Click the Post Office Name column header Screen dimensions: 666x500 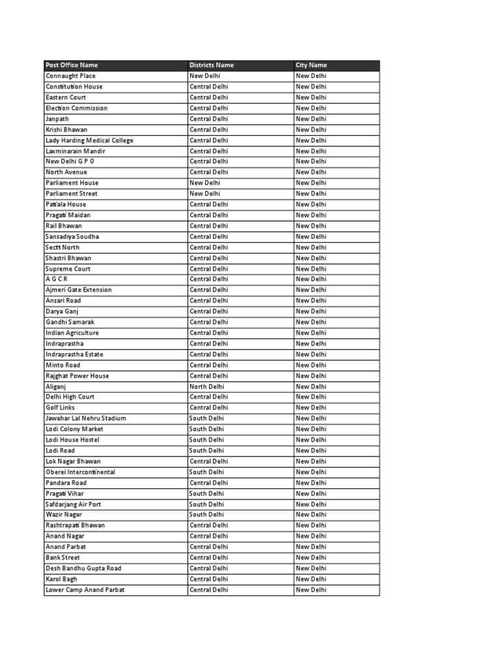click(72, 65)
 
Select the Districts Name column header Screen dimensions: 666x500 click(212, 65)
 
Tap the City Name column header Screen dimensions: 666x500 click(311, 65)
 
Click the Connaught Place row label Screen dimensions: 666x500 click(70, 76)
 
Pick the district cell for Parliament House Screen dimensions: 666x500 click(204, 183)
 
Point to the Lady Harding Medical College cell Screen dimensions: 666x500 click(89, 140)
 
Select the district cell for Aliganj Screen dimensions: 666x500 click(206, 386)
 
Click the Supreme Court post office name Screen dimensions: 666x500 click(68, 269)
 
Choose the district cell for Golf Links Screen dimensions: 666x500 click(208, 408)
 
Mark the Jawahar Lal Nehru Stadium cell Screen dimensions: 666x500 click(86, 418)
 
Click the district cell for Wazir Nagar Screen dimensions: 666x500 click(206, 514)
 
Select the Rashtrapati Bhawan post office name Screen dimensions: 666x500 click(75, 525)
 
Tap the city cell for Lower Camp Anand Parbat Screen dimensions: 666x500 click(311, 590)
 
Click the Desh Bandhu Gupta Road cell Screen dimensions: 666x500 click(83, 568)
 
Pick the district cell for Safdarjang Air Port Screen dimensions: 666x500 click(206, 504)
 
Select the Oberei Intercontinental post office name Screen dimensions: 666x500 click(80, 472)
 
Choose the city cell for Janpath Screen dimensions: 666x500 click(311, 119)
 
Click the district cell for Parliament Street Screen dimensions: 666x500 click(204, 194)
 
